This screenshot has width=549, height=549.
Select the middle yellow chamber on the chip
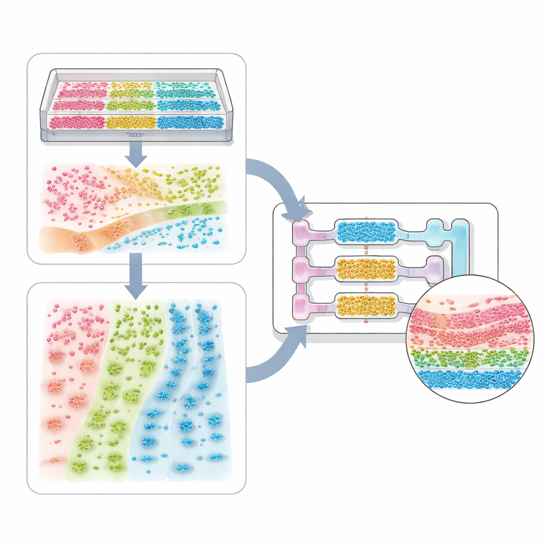367,269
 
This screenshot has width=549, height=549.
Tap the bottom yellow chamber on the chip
367,305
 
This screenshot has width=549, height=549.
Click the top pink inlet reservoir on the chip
300,232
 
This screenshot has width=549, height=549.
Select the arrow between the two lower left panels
137,276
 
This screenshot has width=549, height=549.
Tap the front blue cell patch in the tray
189,122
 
